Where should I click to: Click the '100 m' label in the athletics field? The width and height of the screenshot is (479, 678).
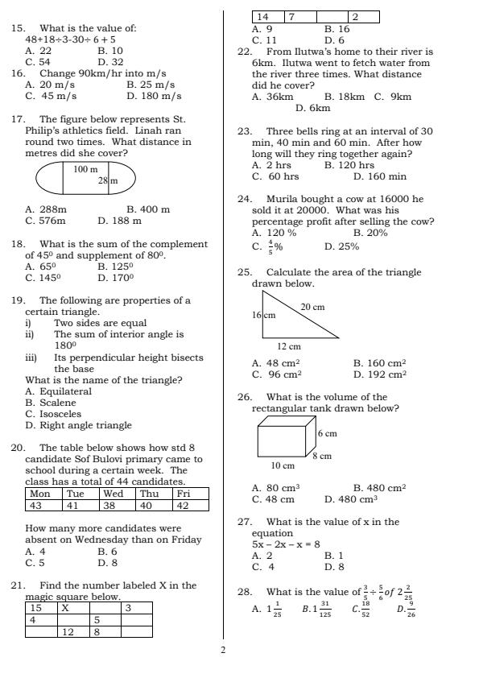[85, 169]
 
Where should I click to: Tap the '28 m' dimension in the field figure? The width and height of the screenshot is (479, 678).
[108, 181]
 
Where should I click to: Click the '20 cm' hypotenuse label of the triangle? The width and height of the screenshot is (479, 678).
[312, 307]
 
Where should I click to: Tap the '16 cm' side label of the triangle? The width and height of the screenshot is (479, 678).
[264, 315]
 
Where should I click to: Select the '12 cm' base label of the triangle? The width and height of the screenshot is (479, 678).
[289, 346]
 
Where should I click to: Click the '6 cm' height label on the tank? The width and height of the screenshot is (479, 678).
[327, 433]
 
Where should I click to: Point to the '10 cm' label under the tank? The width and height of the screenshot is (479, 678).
[283, 465]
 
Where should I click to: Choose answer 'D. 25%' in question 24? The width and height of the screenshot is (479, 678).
[341, 247]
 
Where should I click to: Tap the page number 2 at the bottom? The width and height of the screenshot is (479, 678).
[224, 650]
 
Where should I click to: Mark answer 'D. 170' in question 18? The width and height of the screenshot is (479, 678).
[115, 278]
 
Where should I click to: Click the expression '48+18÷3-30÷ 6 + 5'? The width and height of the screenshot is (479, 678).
[70, 39]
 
